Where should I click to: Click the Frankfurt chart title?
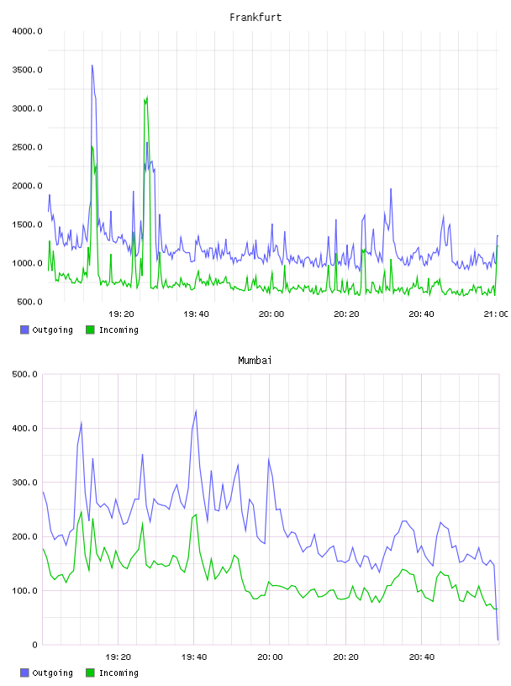[255, 18]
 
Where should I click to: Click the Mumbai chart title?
[255, 361]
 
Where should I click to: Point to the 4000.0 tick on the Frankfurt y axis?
[27, 31]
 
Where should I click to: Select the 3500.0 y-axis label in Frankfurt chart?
[27, 70]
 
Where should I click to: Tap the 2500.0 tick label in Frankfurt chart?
[27, 147]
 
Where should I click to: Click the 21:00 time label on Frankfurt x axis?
[496, 314]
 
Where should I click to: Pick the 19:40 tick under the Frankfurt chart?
[196, 314]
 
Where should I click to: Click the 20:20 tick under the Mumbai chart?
[345, 657]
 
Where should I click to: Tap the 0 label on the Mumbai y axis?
[35, 645]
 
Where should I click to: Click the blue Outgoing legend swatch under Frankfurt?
[24, 330]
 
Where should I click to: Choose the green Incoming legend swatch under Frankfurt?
[90, 330]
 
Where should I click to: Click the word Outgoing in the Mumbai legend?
[52, 673]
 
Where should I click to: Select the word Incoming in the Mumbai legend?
[119, 673]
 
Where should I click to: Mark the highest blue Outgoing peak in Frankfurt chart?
[92, 66]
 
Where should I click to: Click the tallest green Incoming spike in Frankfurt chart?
[147, 97]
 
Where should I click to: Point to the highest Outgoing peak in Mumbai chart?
[196, 410]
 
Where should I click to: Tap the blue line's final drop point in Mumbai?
[498, 640]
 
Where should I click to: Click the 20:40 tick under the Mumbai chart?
[422, 657]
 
